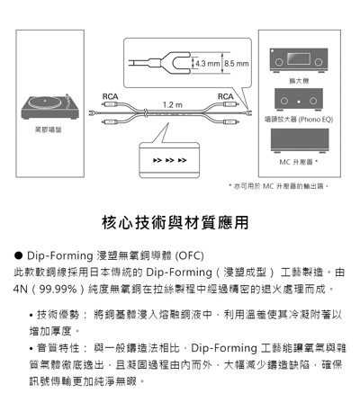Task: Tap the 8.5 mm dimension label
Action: (236, 64)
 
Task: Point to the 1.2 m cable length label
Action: (171, 105)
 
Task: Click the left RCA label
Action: (110, 95)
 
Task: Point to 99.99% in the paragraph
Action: (58, 290)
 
